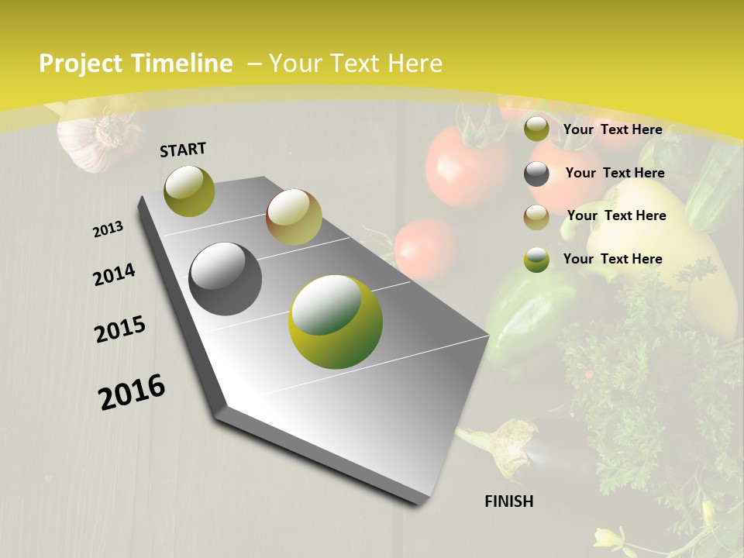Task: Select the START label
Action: (x=183, y=150)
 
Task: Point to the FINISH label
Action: (x=508, y=501)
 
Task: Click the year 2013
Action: (x=108, y=229)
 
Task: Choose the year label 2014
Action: (x=114, y=275)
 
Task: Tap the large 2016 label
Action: (x=132, y=391)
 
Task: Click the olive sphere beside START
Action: (x=189, y=191)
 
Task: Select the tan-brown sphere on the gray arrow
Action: (x=294, y=217)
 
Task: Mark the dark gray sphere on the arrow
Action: (x=226, y=279)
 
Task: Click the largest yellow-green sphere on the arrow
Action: (x=336, y=322)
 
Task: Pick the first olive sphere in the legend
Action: (x=536, y=129)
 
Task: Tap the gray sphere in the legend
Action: (x=536, y=174)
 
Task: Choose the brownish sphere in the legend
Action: (x=536, y=217)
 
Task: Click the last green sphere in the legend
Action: (x=536, y=260)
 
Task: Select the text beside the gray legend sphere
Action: (x=615, y=173)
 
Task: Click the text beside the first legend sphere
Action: (x=612, y=129)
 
